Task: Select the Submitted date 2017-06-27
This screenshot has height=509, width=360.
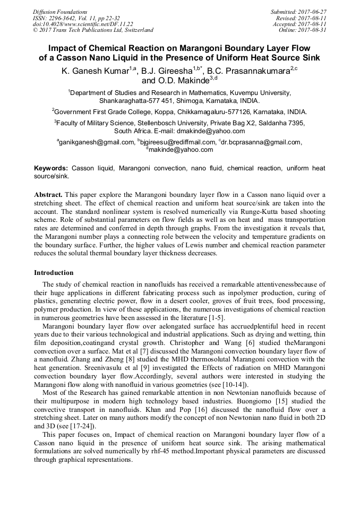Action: [313, 12]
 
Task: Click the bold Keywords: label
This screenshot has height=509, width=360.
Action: [51, 168]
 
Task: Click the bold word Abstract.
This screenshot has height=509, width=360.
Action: [48, 195]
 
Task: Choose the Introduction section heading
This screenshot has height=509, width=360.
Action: [54, 273]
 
